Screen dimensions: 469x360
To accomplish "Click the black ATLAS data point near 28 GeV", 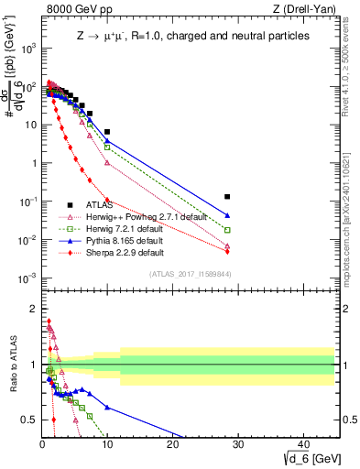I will [x=227, y=197].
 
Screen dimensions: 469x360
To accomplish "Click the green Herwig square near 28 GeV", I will [x=227, y=230].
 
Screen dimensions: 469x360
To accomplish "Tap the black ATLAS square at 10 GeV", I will [x=107, y=132].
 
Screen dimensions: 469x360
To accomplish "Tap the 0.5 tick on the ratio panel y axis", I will [x=27, y=420].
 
